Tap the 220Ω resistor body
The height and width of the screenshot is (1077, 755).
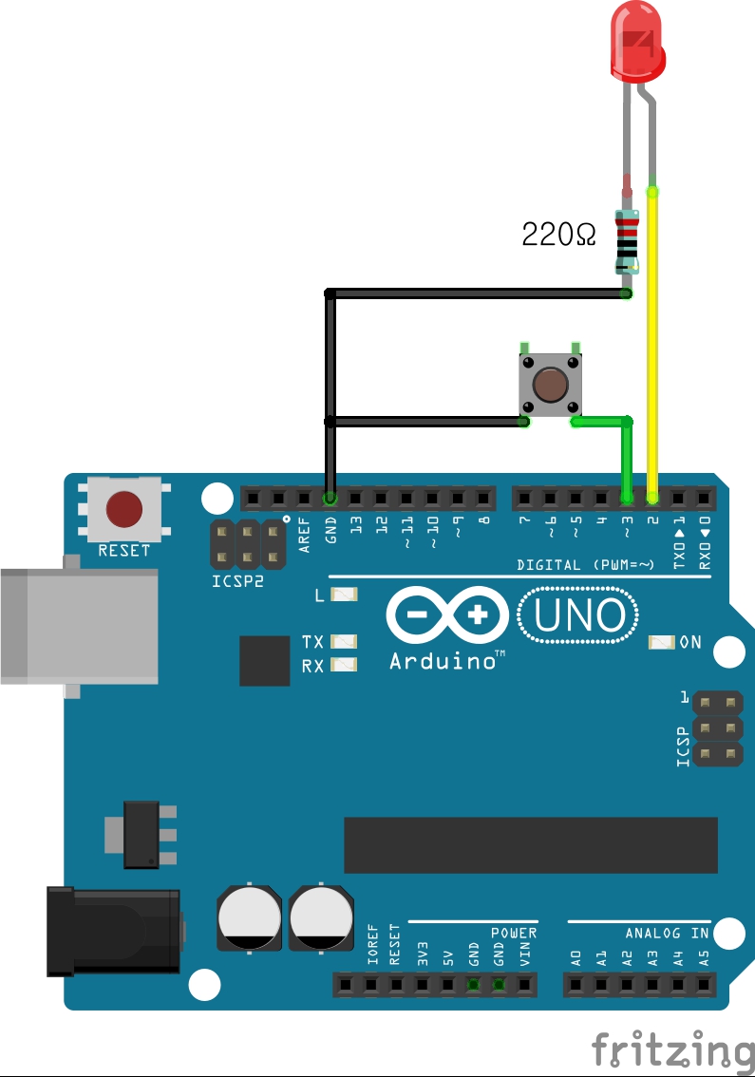pyautogui.click(x=627, y=238)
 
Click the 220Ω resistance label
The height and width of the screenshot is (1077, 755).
pyautogui.click(x=559, y=234)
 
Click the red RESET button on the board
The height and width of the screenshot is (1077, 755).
pyautogui.click(x=124, y=509)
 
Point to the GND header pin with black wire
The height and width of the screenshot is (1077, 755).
pyautogui.click(x=330, y=498)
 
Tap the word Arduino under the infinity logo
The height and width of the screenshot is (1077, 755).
pyautogui.click(x=442, y=661)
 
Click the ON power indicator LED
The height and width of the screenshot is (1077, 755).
pyautogui.click(x=659, y=643)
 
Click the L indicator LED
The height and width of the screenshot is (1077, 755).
pyautogui.click(x=343, y=595)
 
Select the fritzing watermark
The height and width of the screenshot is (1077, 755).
pyautogui.click(x=670, y=1049)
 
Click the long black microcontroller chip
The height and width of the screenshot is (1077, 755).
pyautogui.click(x=530, y=844)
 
